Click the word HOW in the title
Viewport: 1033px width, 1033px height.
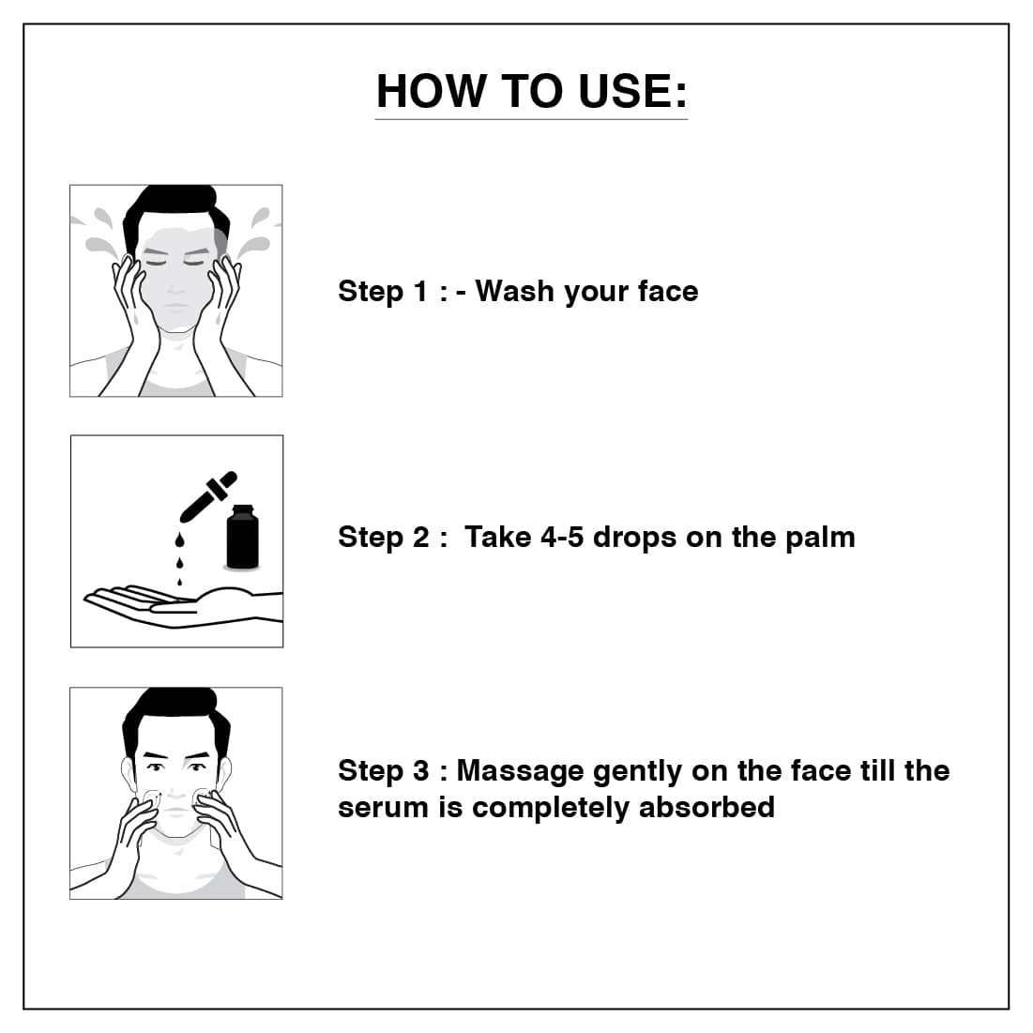pyautogui.click(x=432, y=91)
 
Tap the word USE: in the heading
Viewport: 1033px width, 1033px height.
pyautogui.click(x=633, y=91)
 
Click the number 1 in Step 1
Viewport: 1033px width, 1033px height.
pyautogui.click(x=419, y=291)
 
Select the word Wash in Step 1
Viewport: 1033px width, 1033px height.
pyautogui.click(x=514, y=291)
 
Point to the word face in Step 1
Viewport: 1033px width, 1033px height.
pyautogui.click(x=668, y=291)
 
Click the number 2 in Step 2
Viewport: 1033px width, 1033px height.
pyautogui.click(x=421, y=537)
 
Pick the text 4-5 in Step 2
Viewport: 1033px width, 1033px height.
pyautogui.click(x=562, y=537)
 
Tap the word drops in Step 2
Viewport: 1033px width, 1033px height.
pyautogui.click(x=635, y=538)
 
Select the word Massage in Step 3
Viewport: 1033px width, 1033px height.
pyautogui.click(x=521, y=771)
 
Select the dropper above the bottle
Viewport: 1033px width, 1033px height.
pyautogui.click(x=207, y=496)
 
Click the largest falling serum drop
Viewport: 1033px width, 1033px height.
pyautogui.click(x=179, y=540)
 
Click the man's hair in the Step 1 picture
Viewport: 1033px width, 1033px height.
pyautogui.click(x=175, y=208)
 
